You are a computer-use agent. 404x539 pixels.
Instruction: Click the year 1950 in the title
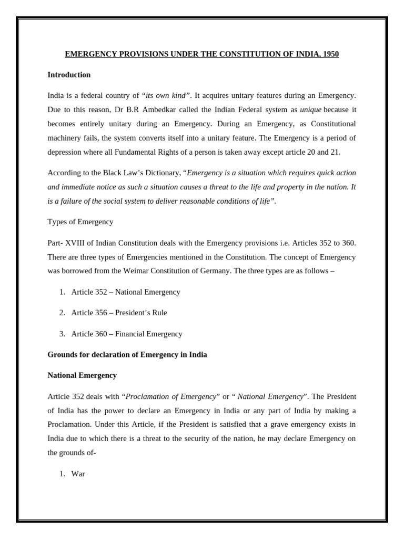[330, 54]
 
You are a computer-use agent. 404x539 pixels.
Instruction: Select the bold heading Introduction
[69, 75]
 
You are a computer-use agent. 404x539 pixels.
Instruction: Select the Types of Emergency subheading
[80, 222]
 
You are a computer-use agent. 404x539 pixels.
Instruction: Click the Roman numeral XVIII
[78, 243]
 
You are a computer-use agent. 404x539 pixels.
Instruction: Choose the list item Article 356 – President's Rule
[119, 313]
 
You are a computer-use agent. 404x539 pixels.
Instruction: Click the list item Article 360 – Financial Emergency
[127, 334]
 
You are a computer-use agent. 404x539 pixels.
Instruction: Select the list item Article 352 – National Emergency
[126, 292]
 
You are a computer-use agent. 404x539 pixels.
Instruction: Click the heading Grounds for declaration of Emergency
[127, 355]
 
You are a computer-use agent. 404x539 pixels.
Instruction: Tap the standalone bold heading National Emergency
[82, 375]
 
